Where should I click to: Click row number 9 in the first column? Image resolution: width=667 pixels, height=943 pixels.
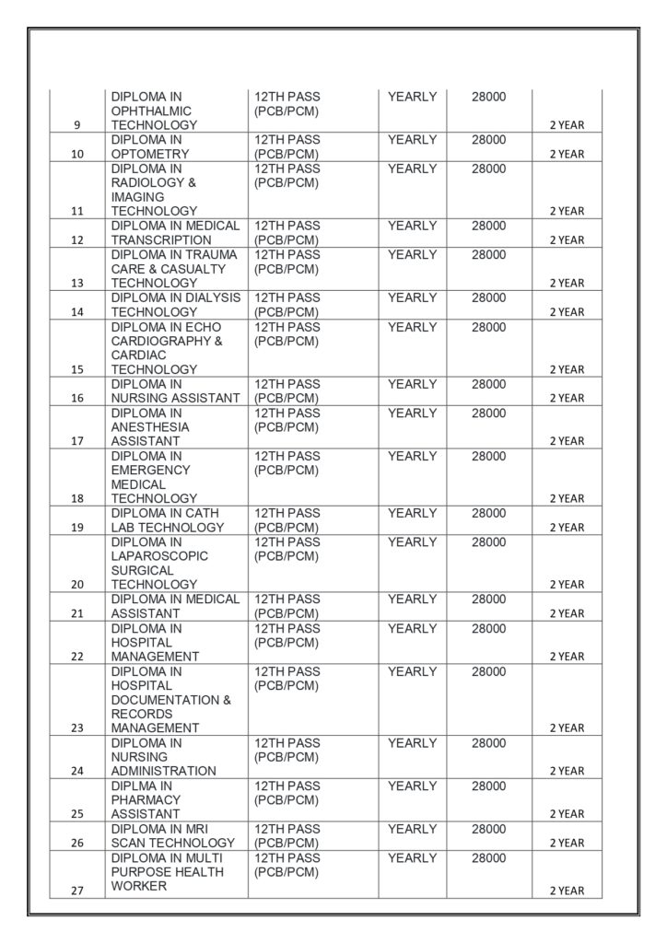point(76,125)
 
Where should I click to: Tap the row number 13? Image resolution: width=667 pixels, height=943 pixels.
point(76,283)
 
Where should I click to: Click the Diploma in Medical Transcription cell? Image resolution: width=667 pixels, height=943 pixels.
point(175,233)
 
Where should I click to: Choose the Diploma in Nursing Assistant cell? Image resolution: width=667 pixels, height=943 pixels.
point(175,391)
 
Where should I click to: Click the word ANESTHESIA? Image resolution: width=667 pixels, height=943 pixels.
point(150,427)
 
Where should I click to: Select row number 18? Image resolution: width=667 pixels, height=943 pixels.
point(76,498)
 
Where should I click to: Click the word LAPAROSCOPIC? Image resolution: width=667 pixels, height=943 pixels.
point(159,556)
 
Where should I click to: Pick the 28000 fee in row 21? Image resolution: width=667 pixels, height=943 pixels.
point(488,600)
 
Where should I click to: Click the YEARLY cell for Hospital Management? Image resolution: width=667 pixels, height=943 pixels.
point(412,628)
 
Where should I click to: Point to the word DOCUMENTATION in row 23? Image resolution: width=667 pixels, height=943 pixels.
point(166,700)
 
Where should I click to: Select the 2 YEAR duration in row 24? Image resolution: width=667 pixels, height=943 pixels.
point(567,771)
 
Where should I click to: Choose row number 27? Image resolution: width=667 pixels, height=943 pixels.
point(76,891)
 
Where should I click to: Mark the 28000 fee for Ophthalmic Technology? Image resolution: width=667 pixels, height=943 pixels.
point(488,97)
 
